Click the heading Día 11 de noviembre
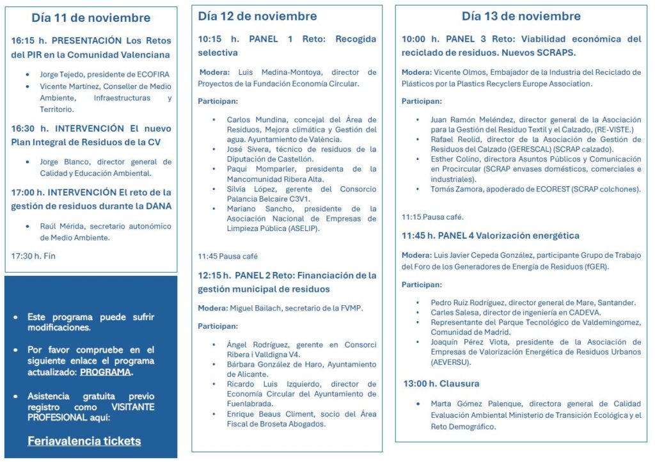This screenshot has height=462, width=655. tap(91, 18)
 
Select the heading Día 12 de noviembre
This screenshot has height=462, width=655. tap(257, 16)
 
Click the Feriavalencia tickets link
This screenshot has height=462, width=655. tap(84, 441)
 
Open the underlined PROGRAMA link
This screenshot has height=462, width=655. tap(106, 372)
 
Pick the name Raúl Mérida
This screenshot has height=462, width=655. tap(62, 226)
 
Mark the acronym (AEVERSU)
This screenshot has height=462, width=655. tap(451, 362)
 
